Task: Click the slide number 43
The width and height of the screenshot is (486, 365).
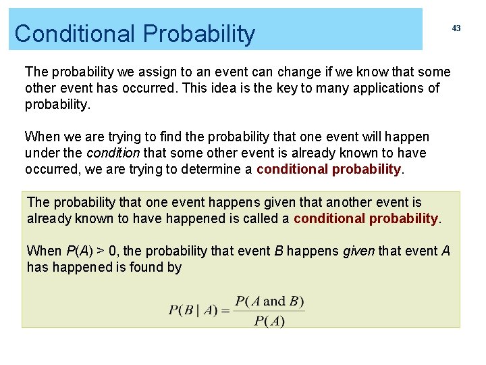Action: click(456, 28)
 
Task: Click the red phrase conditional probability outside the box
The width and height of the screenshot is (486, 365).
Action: click(329, 169)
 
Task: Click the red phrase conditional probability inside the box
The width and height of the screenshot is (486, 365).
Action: click(366, 218)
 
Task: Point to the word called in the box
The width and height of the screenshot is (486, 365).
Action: click(262, 218)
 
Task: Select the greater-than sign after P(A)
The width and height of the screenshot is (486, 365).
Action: click(100, 251)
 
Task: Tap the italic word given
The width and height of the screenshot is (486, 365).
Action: click(359, 251)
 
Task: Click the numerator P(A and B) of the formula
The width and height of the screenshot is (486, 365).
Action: click(269, 301)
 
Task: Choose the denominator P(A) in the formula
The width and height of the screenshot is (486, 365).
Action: click(269, 321)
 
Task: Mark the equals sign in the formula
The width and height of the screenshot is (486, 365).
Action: click(225, 311)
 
